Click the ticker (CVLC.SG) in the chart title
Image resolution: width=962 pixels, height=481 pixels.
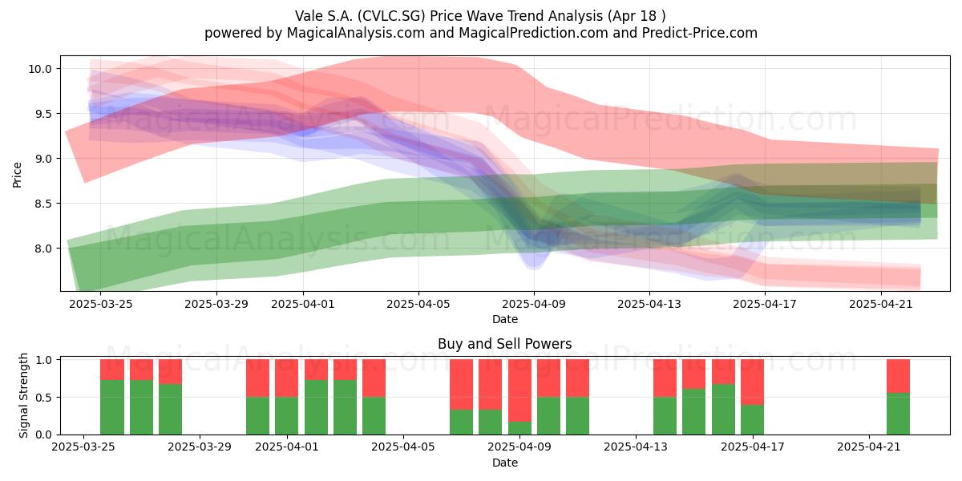point(391,16)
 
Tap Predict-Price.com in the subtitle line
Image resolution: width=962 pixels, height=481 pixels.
point(700,33)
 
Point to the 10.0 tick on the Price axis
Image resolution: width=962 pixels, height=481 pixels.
point(39,69)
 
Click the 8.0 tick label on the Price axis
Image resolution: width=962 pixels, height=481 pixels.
point(42,249)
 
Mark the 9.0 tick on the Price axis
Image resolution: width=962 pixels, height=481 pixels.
point(42,159)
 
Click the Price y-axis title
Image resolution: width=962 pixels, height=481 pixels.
point(17,175)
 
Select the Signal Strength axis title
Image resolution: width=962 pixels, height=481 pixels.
point(23,395)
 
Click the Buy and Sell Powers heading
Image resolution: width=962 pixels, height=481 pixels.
point(504,344)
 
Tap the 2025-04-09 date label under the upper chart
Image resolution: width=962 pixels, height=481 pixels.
point(534,304)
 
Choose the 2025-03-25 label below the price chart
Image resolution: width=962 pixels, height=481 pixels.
point(100,304)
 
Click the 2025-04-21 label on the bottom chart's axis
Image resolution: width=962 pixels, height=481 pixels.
point(869,447)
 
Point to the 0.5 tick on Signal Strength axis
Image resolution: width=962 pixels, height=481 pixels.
point(42,398)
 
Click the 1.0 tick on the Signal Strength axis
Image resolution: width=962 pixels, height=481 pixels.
point(42,360)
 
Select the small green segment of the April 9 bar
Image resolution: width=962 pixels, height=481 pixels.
point(519,428)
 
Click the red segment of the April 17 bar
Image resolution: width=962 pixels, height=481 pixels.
point(752,382)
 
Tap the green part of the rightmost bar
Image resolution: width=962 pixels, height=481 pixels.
point(898,414)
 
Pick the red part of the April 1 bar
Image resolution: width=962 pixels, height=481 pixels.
point(287,378)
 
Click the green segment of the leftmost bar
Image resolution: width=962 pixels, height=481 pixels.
point(112,407)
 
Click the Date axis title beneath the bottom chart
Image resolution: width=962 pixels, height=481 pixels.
point(504,463)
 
